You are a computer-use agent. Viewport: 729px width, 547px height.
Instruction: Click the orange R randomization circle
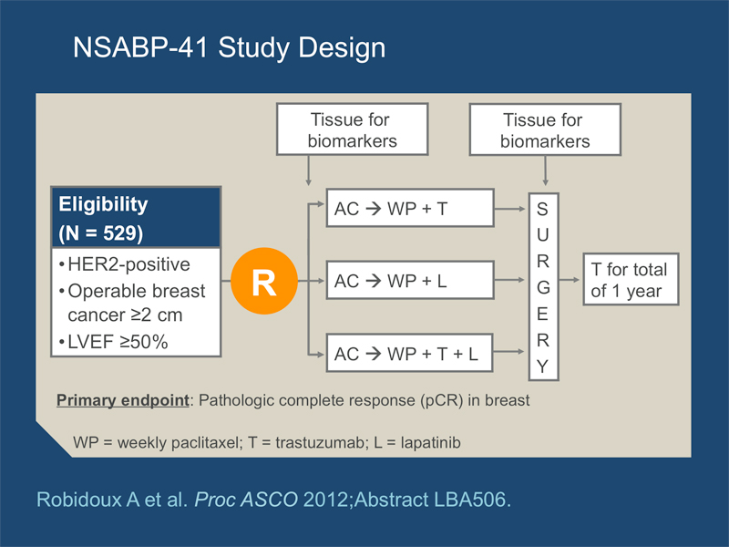pyautogui.click(x=264, y=281)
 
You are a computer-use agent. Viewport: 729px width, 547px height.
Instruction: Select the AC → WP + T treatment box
pyautogui.click(x=410, y=208)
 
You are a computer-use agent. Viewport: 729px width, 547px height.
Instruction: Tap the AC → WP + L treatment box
pyautogui.click(x=410, y=280)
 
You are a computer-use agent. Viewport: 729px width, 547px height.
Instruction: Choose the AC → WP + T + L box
pyautogui.click(x=409, y=353)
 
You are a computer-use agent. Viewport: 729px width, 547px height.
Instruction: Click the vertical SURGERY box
pyautogui.click(x=543, y=287)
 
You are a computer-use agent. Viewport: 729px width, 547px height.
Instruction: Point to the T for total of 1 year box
pyautogui.click(x=631, y=280)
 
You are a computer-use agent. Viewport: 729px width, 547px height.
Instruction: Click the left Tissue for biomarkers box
pyautogui.click(x=353, y=129)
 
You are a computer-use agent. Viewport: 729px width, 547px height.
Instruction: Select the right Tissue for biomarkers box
pyautogui.click(x=545, y=129)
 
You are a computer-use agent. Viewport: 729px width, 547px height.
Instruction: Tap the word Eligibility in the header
pyautogui.click(x=103, y=205)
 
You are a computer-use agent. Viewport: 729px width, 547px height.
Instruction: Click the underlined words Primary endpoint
pyautogui.click(x=123, y=400)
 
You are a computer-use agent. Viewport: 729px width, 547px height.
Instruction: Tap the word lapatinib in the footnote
pyautogui.click(x=430, y=442)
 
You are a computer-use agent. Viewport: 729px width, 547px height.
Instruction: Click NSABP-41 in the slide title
pyautogui.click(x=140, y=47)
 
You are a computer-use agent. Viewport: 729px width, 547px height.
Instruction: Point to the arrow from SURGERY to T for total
pyautogui.click(x=570, y=280)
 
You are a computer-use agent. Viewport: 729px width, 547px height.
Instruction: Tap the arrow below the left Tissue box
pyautogui.click(x=308, y=170)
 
